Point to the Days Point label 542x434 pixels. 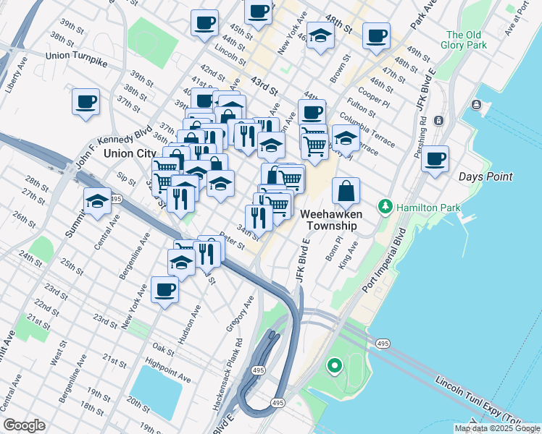485,176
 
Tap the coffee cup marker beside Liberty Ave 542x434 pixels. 86,101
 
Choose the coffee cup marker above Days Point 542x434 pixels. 435,159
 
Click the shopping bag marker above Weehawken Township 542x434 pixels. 346,191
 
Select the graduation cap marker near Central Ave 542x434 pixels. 97,203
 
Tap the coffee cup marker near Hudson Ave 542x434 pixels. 164,290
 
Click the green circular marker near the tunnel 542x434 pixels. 334,367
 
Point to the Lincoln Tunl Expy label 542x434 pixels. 478,400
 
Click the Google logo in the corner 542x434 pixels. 24,425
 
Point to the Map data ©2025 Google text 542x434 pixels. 496,428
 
